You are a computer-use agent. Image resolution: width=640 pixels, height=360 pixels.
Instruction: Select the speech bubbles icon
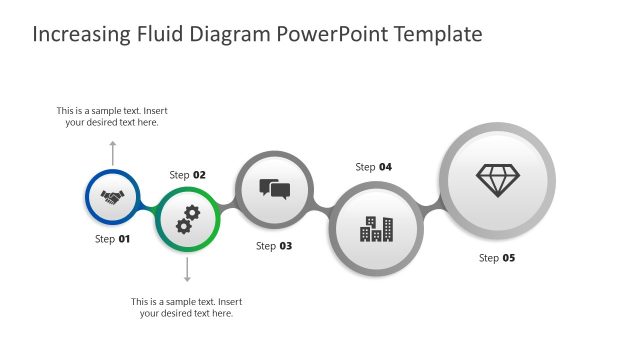click(x=274, y=189)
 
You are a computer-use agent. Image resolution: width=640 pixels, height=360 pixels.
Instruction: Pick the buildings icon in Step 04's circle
click(x=376, y=229)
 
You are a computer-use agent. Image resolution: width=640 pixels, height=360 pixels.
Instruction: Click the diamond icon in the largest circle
click(x=497, y=180)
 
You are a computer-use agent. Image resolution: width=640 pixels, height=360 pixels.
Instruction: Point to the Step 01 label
click(x=113, y=239)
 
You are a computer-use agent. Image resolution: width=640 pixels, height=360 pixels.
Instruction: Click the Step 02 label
click(x=188, y=175)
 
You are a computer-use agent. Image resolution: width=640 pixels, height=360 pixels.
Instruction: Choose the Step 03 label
click(x=274, y=246)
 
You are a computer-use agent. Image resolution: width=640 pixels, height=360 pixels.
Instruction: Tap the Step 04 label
click(x=374, y=167)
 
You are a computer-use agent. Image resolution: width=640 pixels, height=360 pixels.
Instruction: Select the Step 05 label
click(x=497, y=258)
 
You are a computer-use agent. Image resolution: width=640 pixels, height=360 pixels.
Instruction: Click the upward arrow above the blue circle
click(x=112, y=152)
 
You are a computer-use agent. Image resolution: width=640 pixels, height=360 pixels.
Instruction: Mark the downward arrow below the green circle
click(x=187, y=270)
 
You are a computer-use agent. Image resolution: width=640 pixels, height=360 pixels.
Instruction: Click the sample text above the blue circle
click(x=112, y=116)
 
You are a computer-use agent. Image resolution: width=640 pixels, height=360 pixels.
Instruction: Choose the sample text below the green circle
click(x=187, y=307)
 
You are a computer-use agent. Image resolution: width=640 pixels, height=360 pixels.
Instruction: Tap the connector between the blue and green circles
click(x=147, y=209)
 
